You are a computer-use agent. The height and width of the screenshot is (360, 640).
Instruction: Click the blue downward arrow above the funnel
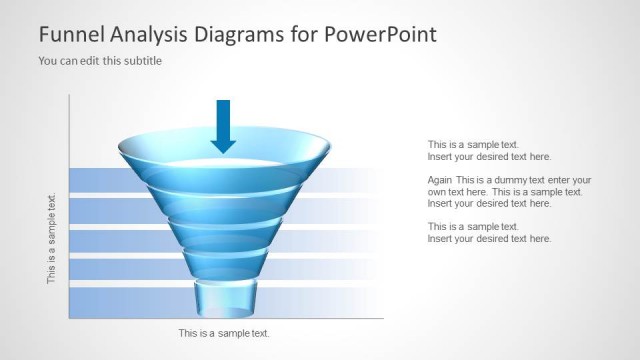(x=223, y=125)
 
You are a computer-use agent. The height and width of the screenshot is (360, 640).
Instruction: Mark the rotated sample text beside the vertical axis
(x=52, y=238)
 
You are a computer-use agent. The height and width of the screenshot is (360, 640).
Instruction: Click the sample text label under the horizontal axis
(x=223, y=333)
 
